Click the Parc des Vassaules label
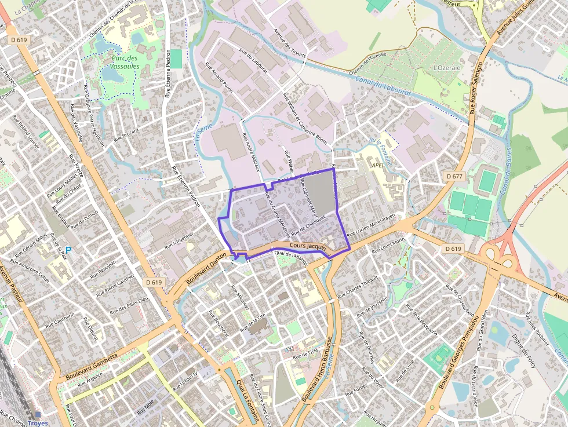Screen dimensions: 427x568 tap(124, 62)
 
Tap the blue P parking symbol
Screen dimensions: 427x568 tap(68, 250)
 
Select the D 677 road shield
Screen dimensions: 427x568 tap(454, 176)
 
